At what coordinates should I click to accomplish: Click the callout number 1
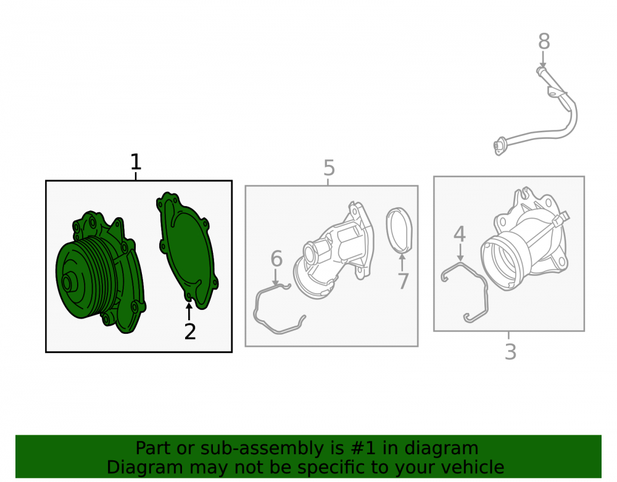tap(135, 162)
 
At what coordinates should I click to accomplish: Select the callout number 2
tap(190, 331)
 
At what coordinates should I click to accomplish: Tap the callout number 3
tap(510, 352)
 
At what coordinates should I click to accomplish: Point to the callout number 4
tap(460, 234)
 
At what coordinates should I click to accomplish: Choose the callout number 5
tap(329, 168)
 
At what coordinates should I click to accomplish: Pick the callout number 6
tap(276, 259)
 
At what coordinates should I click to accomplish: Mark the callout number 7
tap(403, 281)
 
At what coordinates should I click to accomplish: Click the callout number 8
tap(544, 41)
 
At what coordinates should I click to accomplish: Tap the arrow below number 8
tap(543, 60)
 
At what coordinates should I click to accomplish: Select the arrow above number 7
tap(402, 262)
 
